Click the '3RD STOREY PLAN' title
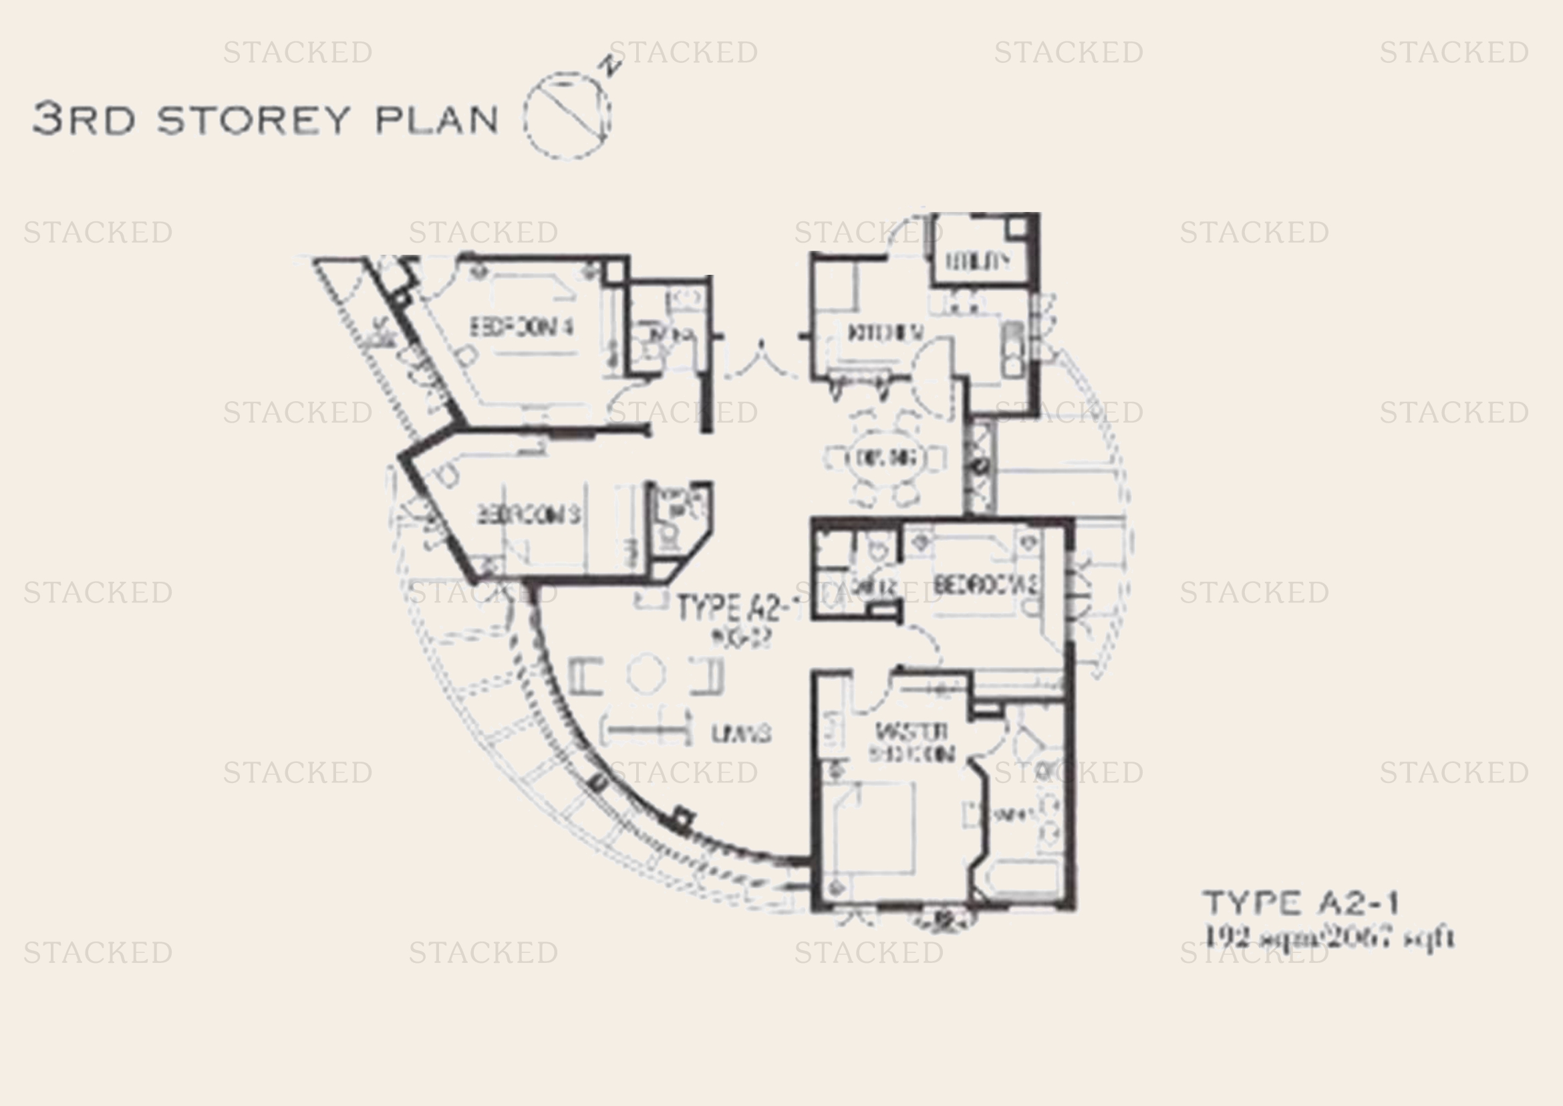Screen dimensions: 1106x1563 tap(265, 119)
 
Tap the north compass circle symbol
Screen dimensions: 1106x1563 tap(567, 116)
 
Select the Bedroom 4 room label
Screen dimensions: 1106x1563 tap(522, 328)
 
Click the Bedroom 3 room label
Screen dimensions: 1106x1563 tap(529, 515)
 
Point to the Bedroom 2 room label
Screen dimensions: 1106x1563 tap(986, 584)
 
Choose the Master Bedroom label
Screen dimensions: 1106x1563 tap(911, 743)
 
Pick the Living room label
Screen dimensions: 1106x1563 tap(741, 734)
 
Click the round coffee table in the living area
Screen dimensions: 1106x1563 tap(646, 673)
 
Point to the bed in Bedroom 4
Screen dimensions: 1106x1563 tap(535, 317)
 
